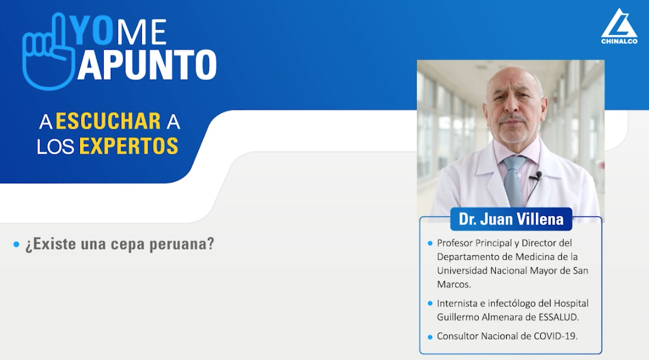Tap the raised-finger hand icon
(x=48, y=52)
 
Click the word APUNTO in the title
(x=147, y=65)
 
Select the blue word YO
(x=92, y=30)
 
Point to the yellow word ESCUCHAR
(x=108, y=121)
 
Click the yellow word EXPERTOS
(x=129, y=146)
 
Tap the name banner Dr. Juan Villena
(x=511, y=219)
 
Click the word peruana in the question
(x=182, y=244)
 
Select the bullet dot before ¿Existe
(x=17, y=244)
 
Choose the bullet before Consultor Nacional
(x=430, y=337)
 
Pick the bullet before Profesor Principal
(x=430, y=243)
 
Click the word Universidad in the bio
(x=462, y=271)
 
